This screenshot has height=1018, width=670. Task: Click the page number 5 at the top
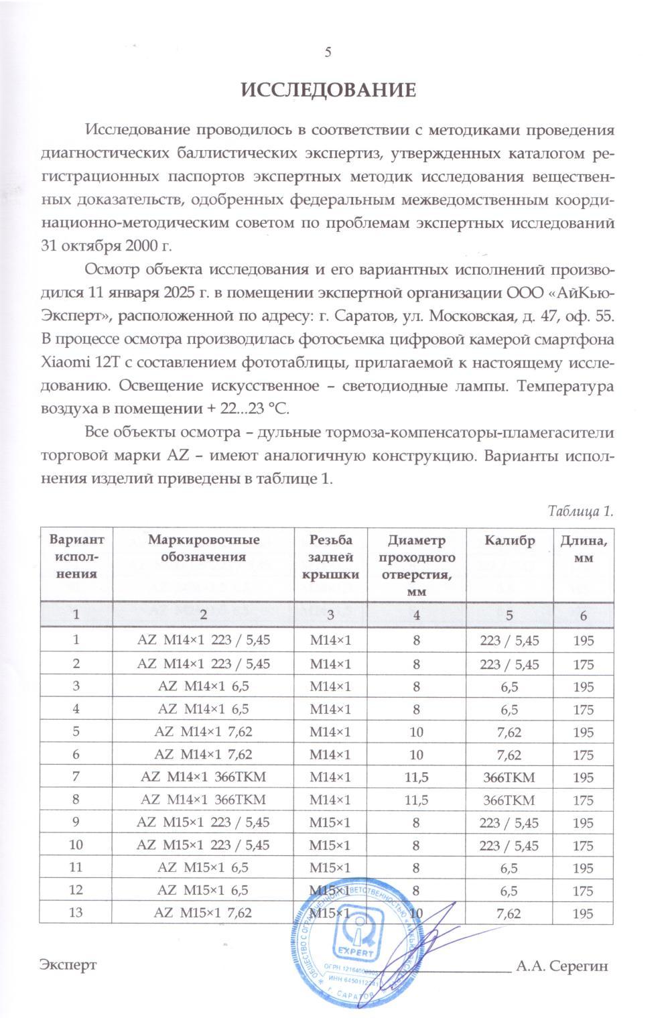tap(328, 52)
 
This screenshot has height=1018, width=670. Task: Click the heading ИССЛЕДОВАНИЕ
tap(328, 90)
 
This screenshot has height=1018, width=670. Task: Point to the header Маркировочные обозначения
tap(203, 548)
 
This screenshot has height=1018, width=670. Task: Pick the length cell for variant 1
tap(583, 640)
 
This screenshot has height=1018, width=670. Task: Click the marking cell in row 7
tap(203, 777)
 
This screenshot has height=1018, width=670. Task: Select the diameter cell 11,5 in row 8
tap(416, 800)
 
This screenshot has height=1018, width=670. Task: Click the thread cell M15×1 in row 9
tap(330, 823)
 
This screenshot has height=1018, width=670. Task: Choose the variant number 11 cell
tap(76, 869)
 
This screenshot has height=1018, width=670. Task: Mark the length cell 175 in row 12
tap(583, 891)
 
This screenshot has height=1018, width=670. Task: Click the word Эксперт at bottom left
tap(68, 965)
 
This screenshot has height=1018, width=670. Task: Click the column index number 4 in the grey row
tap(416, 615)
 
